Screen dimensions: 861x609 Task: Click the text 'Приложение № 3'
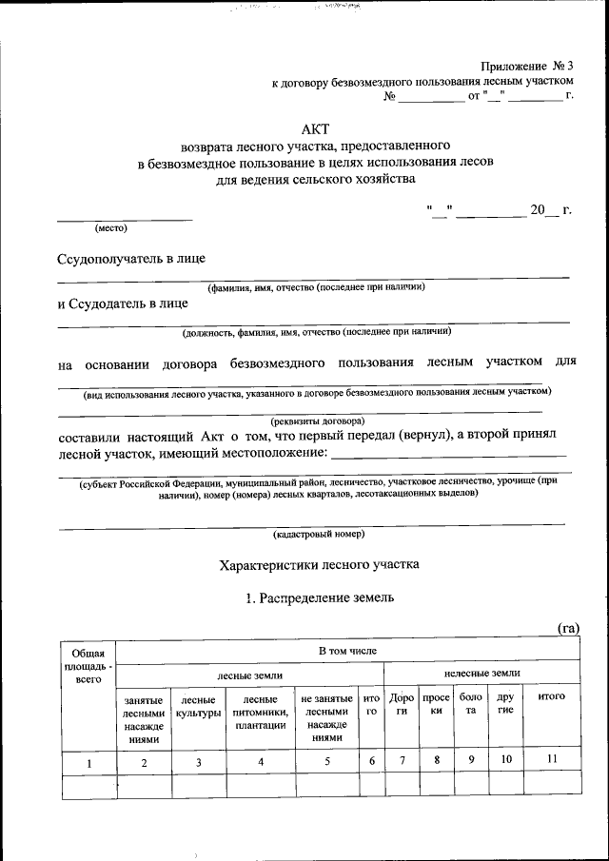(528, 66)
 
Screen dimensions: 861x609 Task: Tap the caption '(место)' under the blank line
(110, 228)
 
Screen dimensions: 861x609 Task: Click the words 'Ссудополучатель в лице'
(131, 258)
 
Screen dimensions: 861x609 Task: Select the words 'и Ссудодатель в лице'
(123, 303)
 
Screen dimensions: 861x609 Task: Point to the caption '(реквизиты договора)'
(317, 421)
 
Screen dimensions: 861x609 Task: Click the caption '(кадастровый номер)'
(318, 534)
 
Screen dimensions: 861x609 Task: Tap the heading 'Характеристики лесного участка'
(319, 564)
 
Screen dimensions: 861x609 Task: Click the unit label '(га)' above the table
(568, 628)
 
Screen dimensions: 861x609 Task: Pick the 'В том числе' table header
(347, 651)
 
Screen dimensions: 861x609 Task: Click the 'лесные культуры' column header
(198, 705)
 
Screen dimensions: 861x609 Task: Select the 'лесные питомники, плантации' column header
(261, 712)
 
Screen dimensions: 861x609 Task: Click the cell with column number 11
(552, 760)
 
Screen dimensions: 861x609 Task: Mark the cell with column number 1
(88, 761)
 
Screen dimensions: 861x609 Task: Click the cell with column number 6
(372, 760)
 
